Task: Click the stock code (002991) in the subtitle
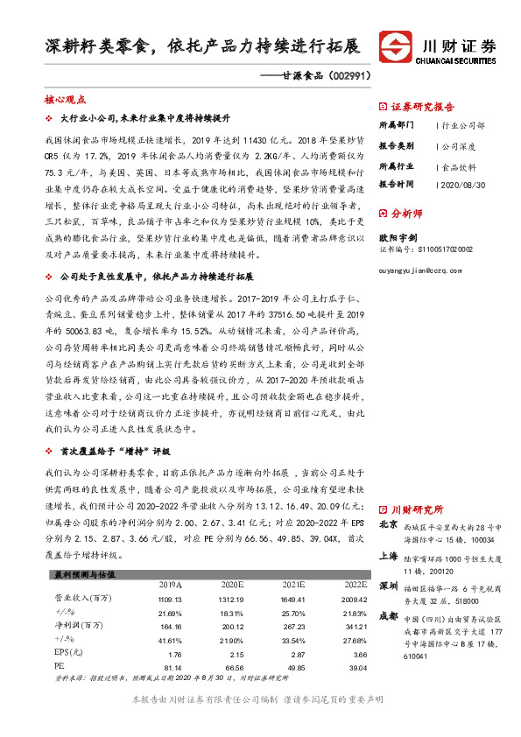[x=348, y=75]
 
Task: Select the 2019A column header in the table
[x=170, y=584]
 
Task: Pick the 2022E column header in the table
[x=356, y=584]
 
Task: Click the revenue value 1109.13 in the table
[x=170, y=598]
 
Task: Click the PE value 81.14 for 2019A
[x=170, y=668]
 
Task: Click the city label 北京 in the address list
[x=389, y=524]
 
